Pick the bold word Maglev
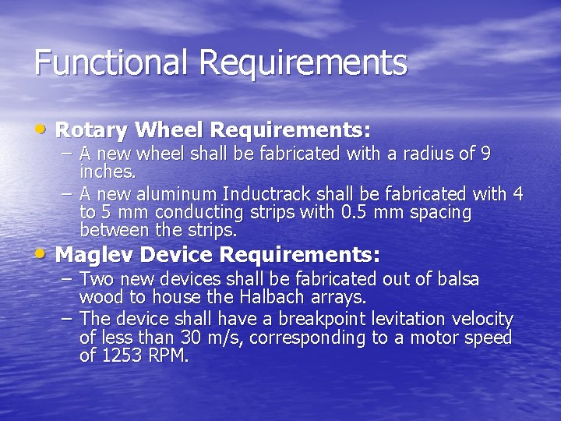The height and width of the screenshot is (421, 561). click(93, 255)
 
